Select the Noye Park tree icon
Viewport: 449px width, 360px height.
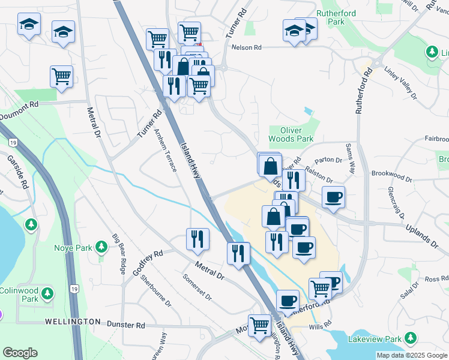[101, 247]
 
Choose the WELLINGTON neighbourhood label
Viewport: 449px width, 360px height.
[73, 322]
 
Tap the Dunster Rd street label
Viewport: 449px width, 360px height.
[126, 325]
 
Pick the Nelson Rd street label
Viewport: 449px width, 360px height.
[247, 47]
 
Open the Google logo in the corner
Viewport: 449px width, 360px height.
[20, 353]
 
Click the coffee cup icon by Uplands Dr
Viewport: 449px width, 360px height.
[333, 196]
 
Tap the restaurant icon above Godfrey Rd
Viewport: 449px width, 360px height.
[197, 238]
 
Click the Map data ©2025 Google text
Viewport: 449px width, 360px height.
[412, 355]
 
